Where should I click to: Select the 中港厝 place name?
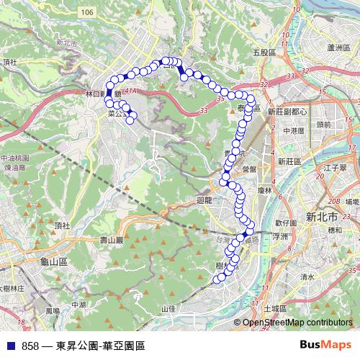tap(294, 131)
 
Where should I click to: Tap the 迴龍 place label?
tap(205, 199)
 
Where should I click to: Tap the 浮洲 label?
tap(279, 236)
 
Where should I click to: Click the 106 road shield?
tap(86, 14)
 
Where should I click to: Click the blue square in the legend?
tap(9, 346)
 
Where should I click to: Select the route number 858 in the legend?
tap(30, 346)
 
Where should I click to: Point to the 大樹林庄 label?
tap(12, 288)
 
